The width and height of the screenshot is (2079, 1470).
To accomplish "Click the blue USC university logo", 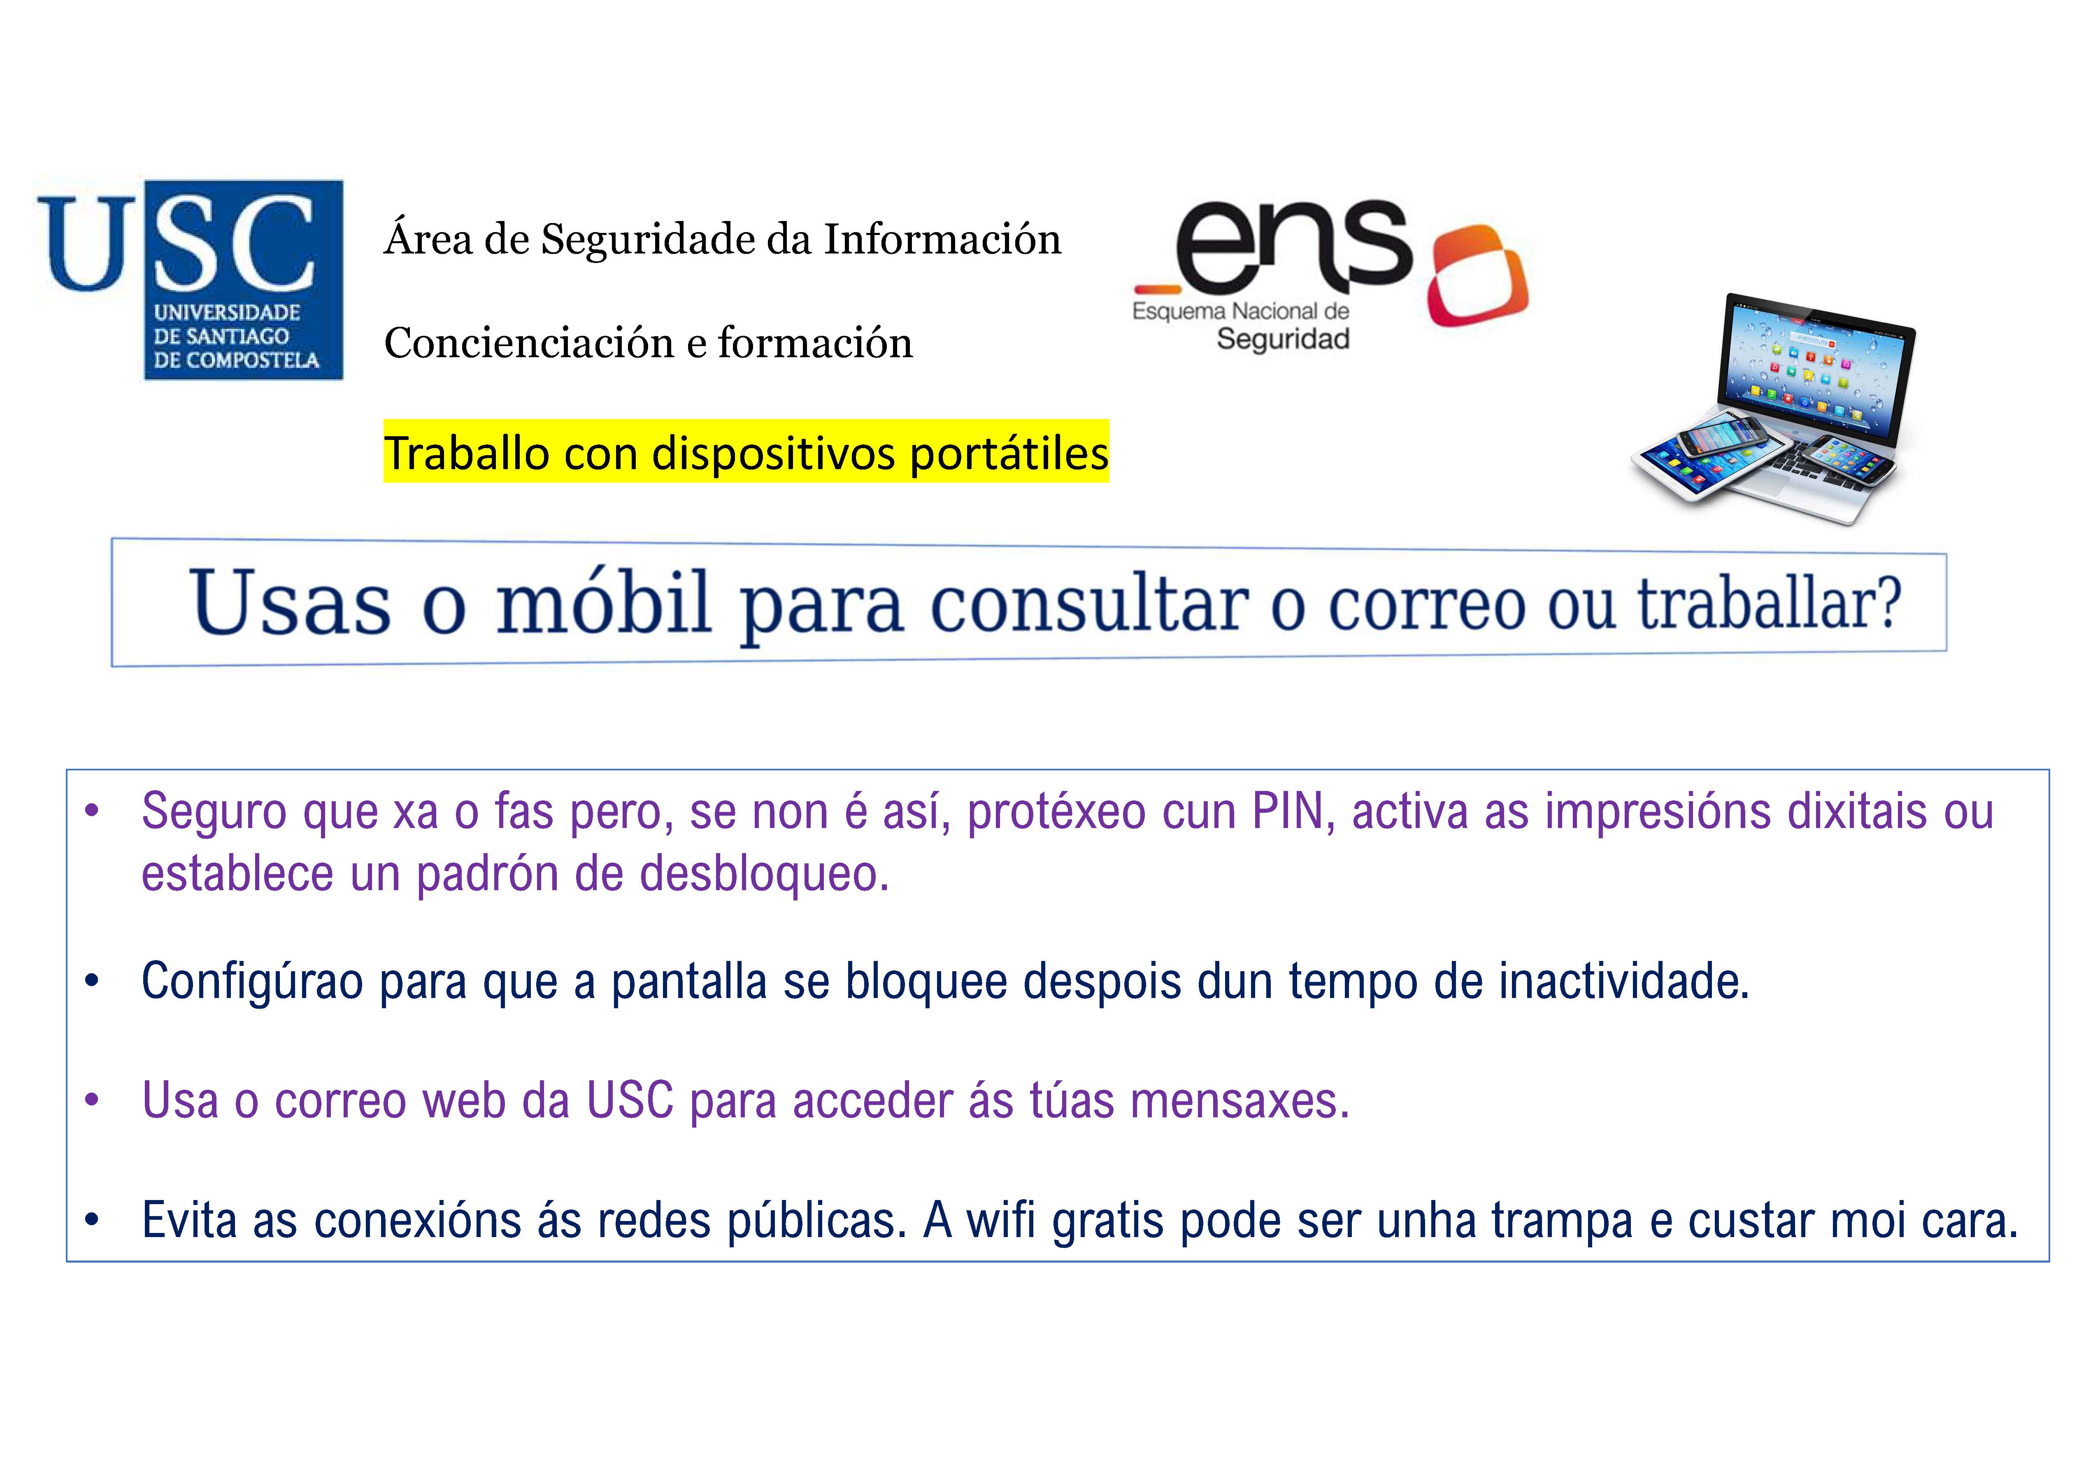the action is click(x=190, y=279).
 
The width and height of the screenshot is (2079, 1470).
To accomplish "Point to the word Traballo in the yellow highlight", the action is click(x=466, y=453).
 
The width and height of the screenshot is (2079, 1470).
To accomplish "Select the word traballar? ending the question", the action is click(x=1770, y=604).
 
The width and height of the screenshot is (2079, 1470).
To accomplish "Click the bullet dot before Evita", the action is click(x=91, y=1220).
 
